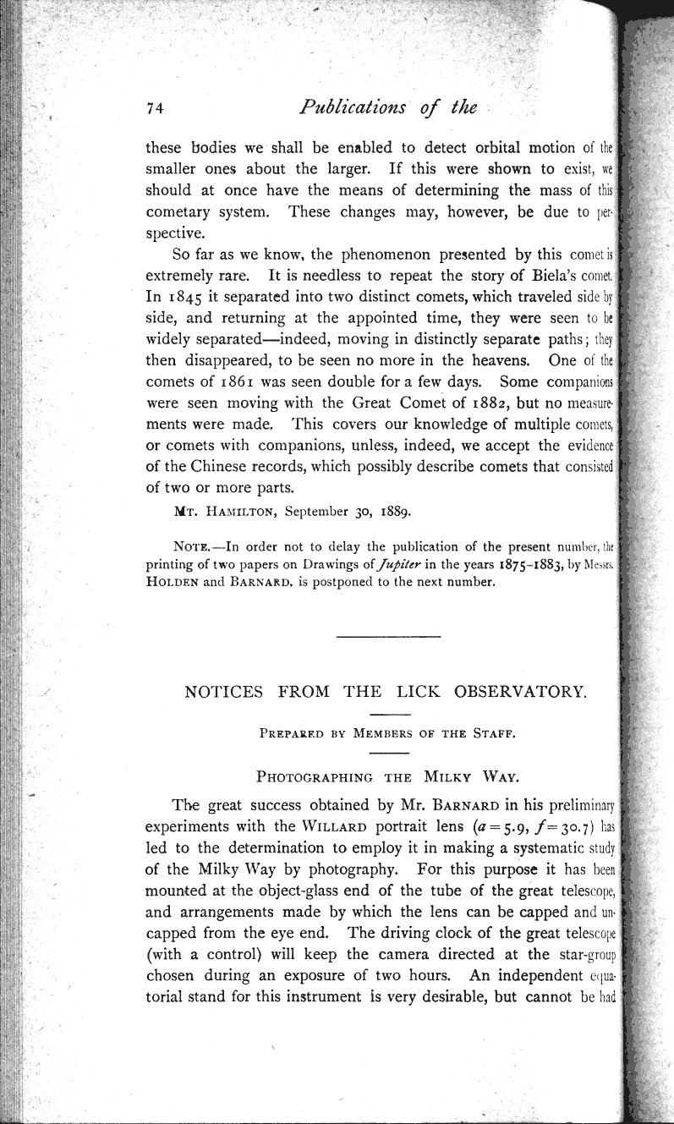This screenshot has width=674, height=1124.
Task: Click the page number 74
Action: coord(154,107)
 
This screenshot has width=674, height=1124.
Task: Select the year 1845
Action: coord(177,298)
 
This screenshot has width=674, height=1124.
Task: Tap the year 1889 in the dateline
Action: coord(386,512)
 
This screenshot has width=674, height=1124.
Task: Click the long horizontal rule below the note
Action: coord(388,634)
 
